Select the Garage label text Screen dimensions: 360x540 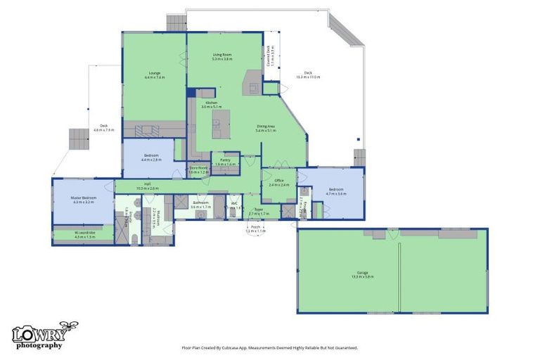point(363,274)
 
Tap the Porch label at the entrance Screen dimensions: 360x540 point(255,227)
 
